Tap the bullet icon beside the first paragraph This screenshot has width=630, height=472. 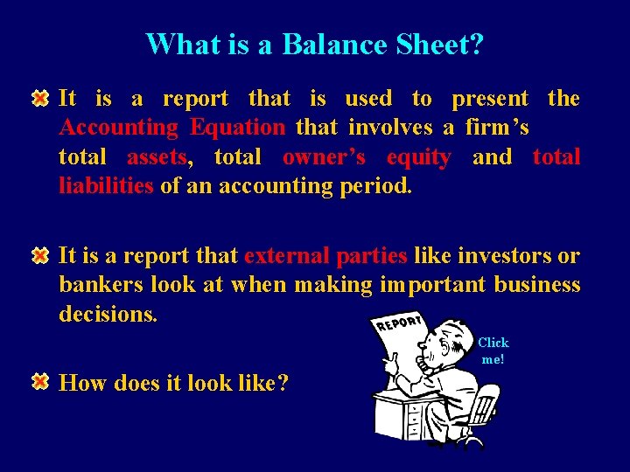(x=40, y=98)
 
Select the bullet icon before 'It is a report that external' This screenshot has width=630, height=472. (x=40, y=256)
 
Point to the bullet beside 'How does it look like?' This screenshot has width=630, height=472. (x=40, y=383)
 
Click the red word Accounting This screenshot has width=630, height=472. (x=118, y=128)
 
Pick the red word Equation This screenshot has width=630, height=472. (x=237, y=128)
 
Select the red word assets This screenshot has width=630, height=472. (x=157, y=157)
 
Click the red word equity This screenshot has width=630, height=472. (x=419, y=157)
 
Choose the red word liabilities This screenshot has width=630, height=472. (x=106, y=186)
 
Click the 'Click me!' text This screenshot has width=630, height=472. (x=493, y=351)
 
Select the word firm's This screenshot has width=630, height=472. (x=497, y=128)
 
